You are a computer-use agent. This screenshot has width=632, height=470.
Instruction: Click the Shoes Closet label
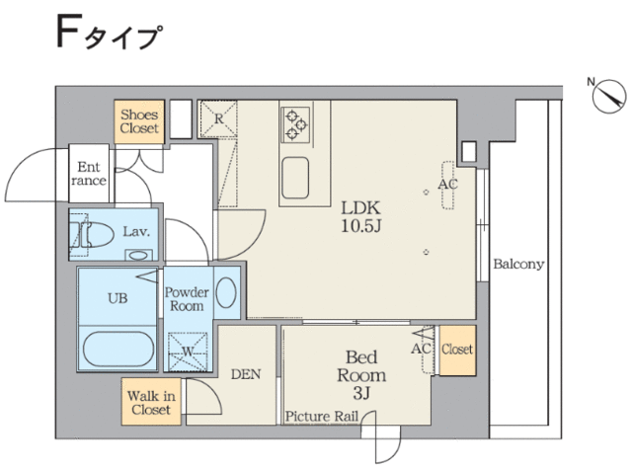point(139,121)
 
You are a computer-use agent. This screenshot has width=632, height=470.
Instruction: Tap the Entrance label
point(89,174)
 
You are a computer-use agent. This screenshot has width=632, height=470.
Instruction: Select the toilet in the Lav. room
point(94,234)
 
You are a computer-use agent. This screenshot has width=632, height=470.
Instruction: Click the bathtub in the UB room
point(118,349)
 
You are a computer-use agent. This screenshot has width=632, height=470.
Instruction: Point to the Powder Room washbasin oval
point(226,292)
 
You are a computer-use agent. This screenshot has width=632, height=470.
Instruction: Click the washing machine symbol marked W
point(188,352)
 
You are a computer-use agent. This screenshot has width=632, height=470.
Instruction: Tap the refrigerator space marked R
point(218,118)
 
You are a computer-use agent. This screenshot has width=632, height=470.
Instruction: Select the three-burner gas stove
point(296,124)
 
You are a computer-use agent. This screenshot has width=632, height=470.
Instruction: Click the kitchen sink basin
point(295,178)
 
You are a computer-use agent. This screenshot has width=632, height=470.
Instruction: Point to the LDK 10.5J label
point(360,217)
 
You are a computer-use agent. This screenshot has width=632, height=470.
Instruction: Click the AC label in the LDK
point(447,185)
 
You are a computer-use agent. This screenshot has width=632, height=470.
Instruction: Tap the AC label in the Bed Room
point(421,349)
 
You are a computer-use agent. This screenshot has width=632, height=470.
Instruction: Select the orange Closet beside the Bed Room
point(457,351)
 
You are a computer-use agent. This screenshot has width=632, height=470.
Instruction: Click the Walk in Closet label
point(151,403)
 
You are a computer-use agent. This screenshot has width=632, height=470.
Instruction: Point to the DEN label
point(246,374)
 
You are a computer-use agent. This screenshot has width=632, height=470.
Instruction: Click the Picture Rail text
point(322,416)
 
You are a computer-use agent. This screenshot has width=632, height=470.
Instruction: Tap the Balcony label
point(518,264)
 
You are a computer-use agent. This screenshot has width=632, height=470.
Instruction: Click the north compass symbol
point(609,97)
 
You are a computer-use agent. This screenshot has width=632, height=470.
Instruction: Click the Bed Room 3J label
point(361,375)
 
